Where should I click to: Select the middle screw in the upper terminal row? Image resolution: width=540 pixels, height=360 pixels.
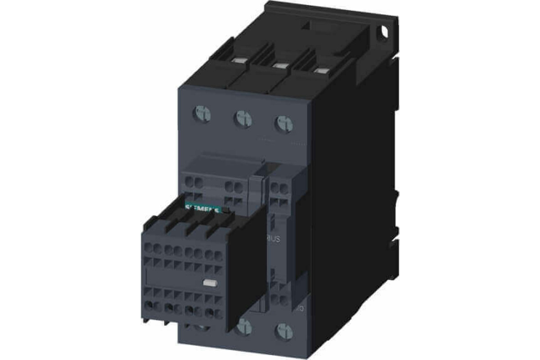click(x=243, y=119)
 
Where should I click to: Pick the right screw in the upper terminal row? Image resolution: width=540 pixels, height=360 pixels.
click(x=283, y=124)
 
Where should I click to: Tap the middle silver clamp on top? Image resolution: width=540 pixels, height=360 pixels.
click(x=279, y=66)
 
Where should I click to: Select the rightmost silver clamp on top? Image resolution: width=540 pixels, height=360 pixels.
click(x=320, y=70)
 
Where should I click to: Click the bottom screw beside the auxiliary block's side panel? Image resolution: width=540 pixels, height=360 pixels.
click(x=244, y=326)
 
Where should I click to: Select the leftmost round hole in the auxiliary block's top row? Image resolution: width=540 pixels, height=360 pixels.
click(x=148, y=247)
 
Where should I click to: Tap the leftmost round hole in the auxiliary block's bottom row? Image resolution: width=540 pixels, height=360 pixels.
click(x=148, y=306)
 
